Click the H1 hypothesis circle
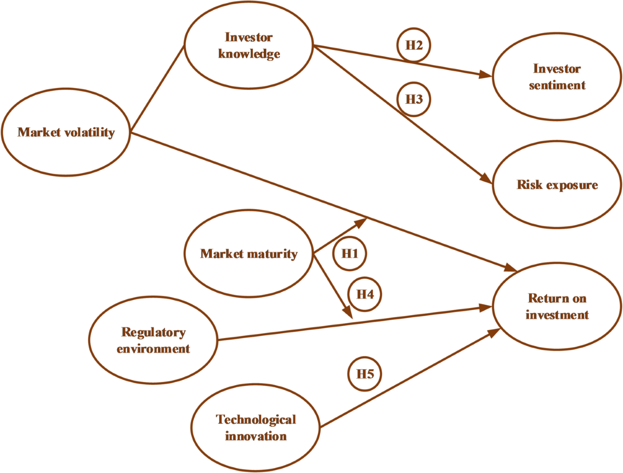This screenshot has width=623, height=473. coord(349,254)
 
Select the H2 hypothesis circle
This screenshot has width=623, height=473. coord(414,45)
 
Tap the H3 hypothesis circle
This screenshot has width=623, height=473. coord(414,99)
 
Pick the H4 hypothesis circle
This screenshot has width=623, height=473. coord(365,294)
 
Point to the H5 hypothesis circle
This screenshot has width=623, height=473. coord(365,373)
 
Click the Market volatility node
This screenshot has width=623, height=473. coord(66,132)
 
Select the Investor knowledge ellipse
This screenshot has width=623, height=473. coord(249,46)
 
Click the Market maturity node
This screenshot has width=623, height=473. coord(249,254)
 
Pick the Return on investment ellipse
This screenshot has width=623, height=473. coord(557,306)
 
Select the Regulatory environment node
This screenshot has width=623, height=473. coord(153,340)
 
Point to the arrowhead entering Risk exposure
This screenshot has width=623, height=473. coord(486,179)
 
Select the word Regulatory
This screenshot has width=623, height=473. coord(153,332)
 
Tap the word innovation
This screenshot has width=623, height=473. coord(256,435)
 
